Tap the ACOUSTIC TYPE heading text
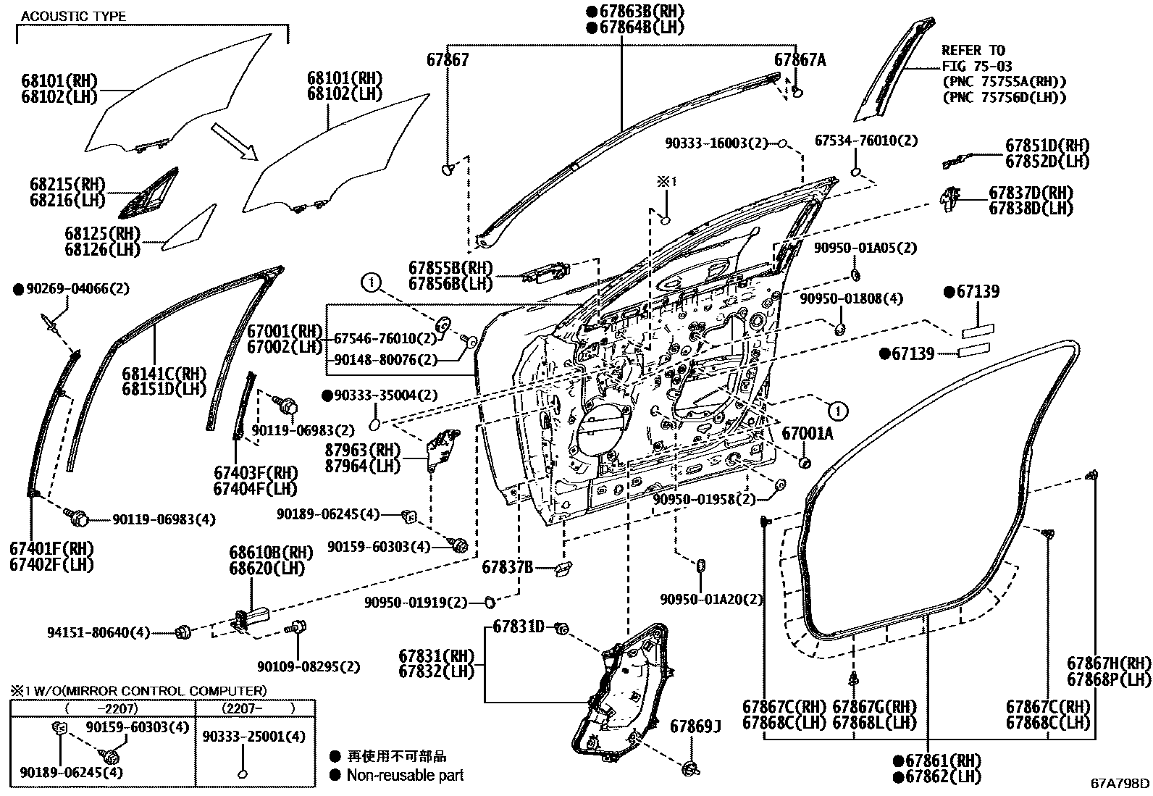(x=72, y=16)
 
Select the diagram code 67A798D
(x=1120, y=782)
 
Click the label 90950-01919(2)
(x=416, y=603)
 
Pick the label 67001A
(x=807, y=434)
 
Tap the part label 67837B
(x=508, y=567)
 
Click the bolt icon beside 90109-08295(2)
(x=297, y=629)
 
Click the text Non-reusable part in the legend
(x=405, y=775)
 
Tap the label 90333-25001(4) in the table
(x=254, y=736)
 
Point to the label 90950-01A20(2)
(x=711, y=599)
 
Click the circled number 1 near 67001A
(x=837, y=411)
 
